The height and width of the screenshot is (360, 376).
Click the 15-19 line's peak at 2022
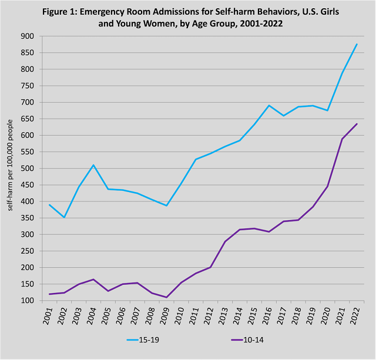(357, 44)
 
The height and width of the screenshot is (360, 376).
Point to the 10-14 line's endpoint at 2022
(357, 124)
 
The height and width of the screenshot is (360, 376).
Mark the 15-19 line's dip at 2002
(64, 217)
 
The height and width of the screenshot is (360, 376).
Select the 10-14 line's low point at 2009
(166, 297)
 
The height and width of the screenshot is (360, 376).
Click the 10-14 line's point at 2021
(342, 139)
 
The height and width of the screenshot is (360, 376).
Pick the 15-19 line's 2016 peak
(269, 106)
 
